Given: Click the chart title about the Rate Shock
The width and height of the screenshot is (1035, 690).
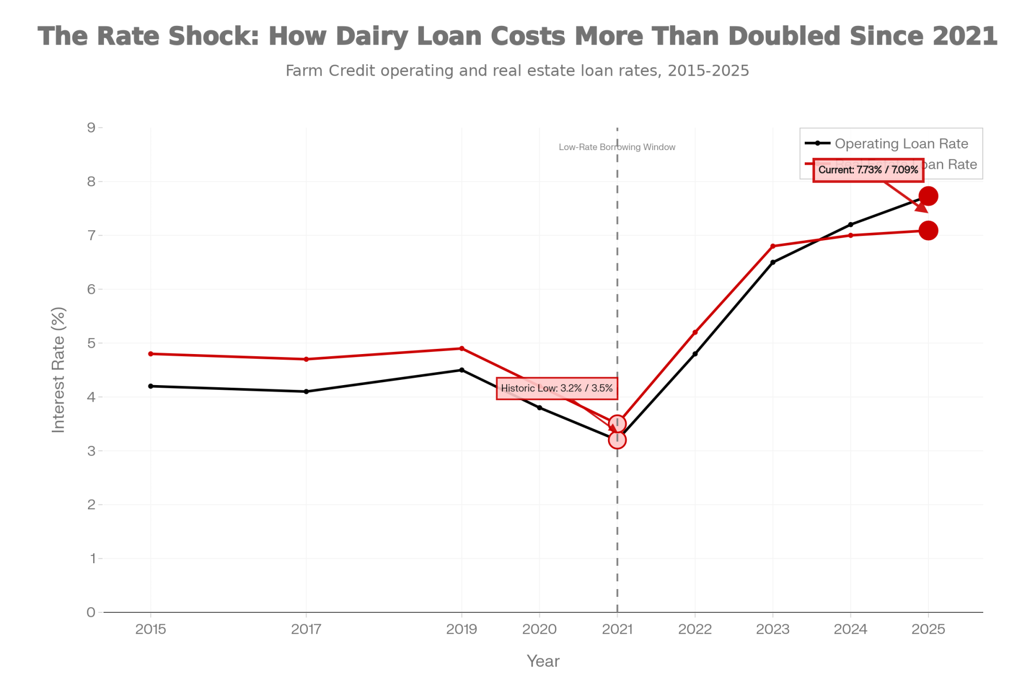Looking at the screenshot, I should (517, 36).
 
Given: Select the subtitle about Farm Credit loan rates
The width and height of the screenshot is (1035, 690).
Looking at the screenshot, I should (517, 70).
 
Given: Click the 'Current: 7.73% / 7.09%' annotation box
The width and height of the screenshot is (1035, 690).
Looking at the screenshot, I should (868, 170).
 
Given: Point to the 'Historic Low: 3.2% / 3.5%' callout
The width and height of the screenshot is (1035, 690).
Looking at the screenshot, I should (557, 388).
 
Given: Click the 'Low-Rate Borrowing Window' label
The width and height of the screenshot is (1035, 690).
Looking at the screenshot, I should (617, 147).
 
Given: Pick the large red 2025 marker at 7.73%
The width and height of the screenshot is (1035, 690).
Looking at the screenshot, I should (928, 196).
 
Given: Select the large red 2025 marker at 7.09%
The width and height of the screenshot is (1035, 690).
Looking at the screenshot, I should (928, 230).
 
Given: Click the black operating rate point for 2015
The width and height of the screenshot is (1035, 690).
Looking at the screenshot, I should (151, 386).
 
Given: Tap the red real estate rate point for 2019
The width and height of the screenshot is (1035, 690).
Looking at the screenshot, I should (462, 348).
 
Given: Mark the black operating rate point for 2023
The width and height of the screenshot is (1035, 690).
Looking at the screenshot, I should (773, 262).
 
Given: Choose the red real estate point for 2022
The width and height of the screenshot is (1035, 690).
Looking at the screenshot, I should (695, 332).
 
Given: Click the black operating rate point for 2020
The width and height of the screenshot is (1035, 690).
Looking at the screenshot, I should (540, 408).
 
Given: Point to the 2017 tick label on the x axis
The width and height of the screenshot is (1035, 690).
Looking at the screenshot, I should (306, 629).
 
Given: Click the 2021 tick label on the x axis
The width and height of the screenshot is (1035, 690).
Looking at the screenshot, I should (617, 629).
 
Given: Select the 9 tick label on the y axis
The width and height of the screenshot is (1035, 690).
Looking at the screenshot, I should (91, 128).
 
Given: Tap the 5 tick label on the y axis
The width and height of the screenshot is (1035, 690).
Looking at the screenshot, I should (91, 343).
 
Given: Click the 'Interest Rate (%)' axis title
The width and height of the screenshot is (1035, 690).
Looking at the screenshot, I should (58, 370).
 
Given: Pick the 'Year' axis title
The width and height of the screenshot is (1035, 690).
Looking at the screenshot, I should (543, 661).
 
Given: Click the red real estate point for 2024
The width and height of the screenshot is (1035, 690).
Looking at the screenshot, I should (851, 236).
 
